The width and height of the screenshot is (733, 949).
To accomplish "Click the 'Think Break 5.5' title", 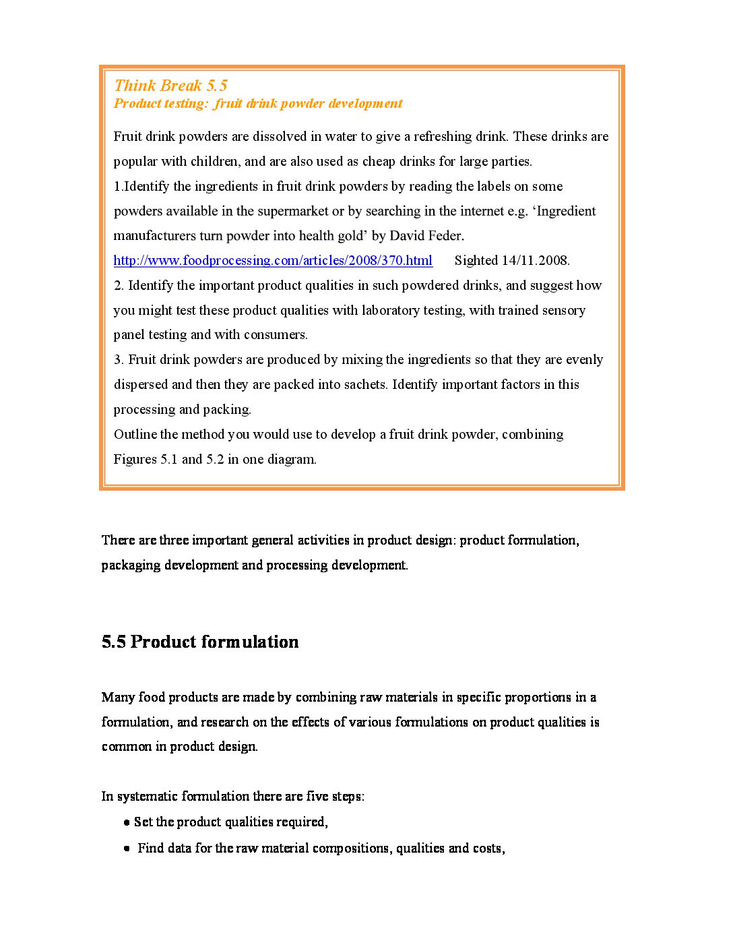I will click(170, 86).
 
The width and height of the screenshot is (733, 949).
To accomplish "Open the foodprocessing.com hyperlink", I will click(273, 260).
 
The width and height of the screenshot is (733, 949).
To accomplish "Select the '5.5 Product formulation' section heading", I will click(200, 642).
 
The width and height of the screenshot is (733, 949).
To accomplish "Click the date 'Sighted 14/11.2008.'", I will click(512, 260).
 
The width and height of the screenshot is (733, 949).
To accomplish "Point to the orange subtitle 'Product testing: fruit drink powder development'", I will click(258, 104).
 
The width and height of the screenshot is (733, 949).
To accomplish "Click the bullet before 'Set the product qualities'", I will click(127, 823).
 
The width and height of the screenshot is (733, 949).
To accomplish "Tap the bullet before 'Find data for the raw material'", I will click(127, 849).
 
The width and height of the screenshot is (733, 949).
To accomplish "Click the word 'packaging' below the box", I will click(131, 565).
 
